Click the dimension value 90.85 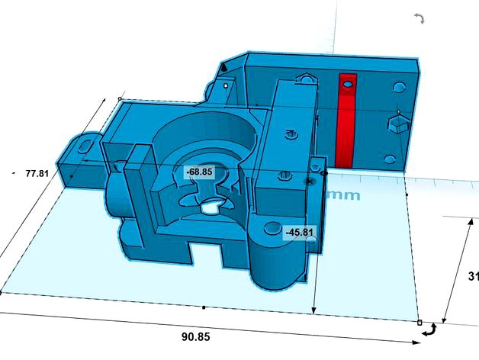point(198,336)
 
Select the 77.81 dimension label point(37,173)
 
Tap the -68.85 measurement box point(199,172)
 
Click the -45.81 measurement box point(299,232)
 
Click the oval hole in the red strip point(347,83)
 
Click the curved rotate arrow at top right point(419,18)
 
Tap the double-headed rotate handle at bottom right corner point(432,329)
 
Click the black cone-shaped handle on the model point(223,68)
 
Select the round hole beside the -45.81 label point(271,229)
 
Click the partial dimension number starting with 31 point(473,275)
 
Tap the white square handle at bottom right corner point(419,323)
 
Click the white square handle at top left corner point(120,98)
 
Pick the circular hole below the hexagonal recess point(391,159)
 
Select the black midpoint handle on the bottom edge point(204,307)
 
